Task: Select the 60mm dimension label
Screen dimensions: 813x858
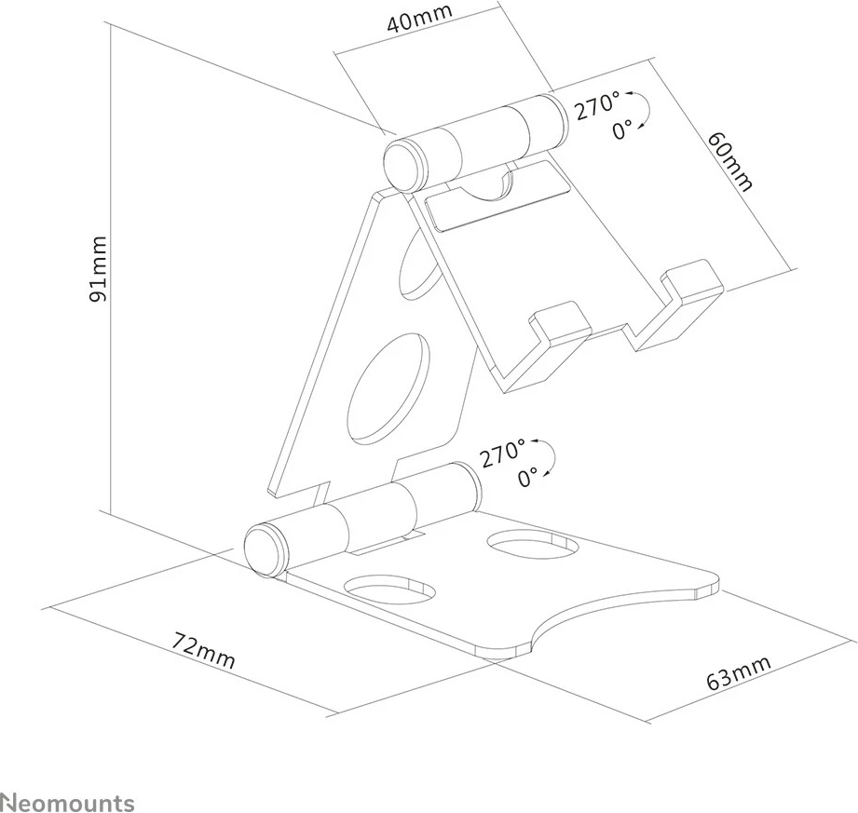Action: tap(729, 160)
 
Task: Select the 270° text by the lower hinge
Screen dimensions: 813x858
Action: tap(503, 454)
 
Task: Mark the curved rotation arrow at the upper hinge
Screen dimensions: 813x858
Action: tap(641, 114)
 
